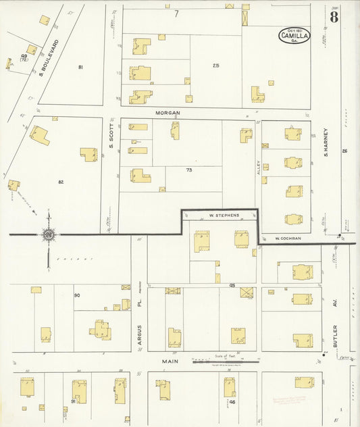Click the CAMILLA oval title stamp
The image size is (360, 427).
coord(295,35)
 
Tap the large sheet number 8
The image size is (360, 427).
coord(334,17)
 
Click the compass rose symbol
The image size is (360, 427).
coord(48,234)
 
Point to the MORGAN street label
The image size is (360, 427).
coord(165,113)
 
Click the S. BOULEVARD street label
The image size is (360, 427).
coord(49,57)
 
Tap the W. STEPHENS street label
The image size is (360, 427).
coord(220,216)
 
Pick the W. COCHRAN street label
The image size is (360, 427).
coord(288,238)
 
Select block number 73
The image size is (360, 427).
coord(190,170)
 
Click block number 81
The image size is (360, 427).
coord(80,68)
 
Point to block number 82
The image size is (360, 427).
coord(61,182)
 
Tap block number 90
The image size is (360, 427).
coord(77,296)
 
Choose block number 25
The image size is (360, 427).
coord(216,66)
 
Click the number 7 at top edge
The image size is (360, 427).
coord(176,14)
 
